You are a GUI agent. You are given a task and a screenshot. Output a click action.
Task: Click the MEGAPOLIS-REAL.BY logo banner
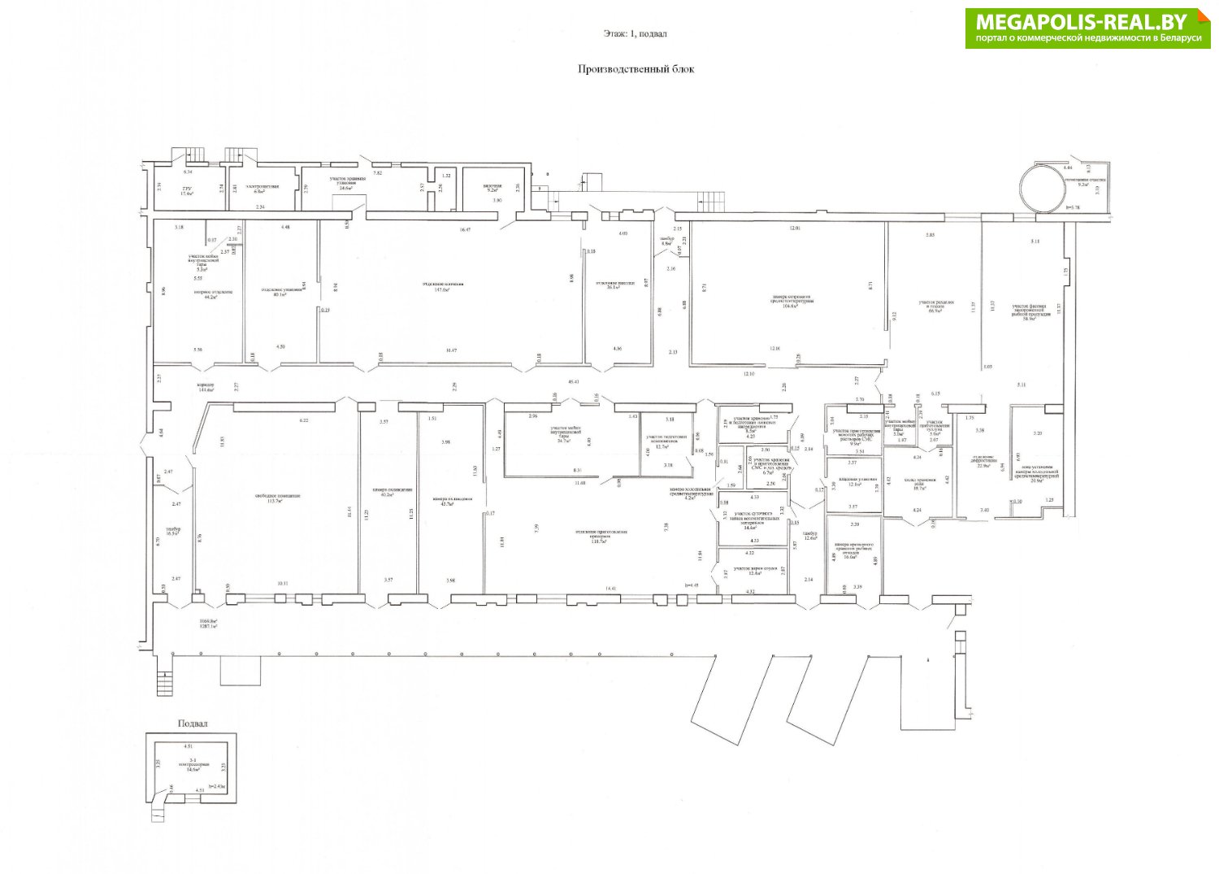click(1087, 28)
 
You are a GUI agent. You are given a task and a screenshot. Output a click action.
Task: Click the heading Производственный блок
click(636, 69)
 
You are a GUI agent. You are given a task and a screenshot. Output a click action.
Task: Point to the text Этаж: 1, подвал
click(636, 34)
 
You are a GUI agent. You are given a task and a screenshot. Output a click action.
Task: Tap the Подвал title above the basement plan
click(193, 724)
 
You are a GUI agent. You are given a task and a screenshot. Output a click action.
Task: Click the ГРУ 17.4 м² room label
click(186, 191)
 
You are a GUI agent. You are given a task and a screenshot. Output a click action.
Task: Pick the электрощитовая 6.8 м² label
click(262, 189)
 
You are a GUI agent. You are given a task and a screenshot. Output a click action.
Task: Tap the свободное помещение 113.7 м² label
click(278, 498)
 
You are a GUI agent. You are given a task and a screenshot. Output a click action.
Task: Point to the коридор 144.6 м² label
click(205, 388)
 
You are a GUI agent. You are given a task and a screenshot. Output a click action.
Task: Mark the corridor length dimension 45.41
click(574, 381)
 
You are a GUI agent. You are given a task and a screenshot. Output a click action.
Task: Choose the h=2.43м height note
click(215, 786)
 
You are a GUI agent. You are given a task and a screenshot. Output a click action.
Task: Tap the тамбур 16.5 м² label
click(173, 531)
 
